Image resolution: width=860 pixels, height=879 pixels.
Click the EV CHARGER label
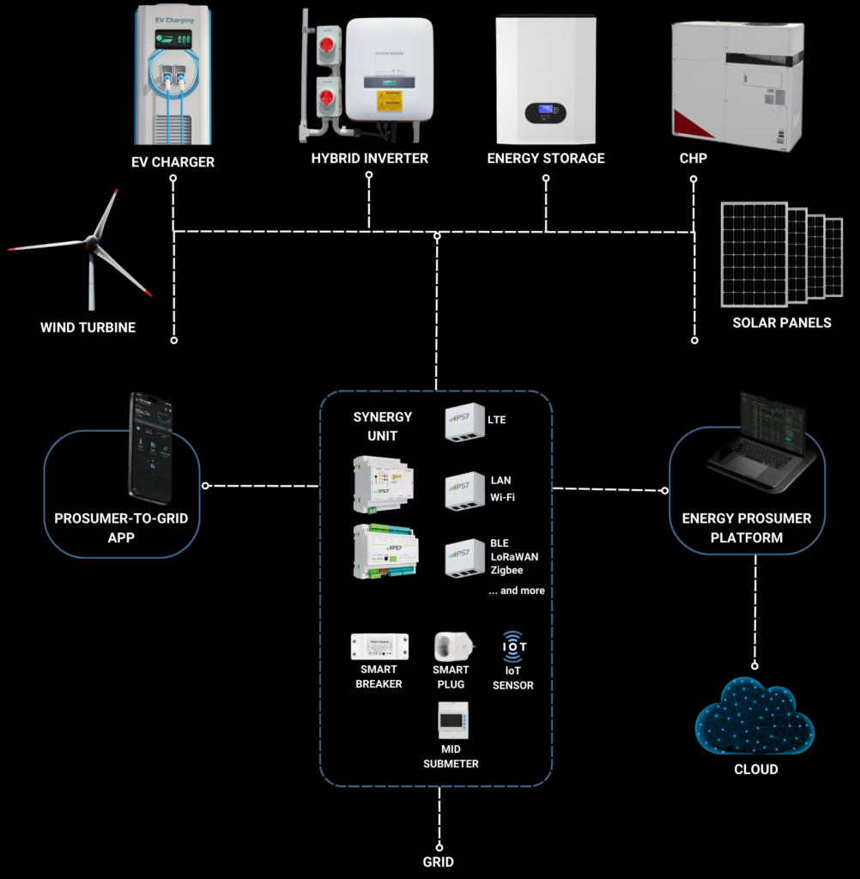pyautogui.click(x=173, y=161)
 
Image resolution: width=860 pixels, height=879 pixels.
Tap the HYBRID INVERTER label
pyautogui.click(x=369, y=158)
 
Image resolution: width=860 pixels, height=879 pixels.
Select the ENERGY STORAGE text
pyautogui.click(x=546, y=158)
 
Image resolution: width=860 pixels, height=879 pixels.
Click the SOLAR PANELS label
pyautogui.click(x=782, y=323)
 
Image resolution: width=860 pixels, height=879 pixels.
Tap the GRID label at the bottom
pyautogui.click(x=439, y=861)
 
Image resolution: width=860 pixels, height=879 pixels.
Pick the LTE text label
pyautogui.click(x=496, y=420)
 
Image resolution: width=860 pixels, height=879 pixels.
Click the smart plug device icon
pyautogui.click(x=451, y=646)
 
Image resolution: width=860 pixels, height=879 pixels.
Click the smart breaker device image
pyautogui.click(x=379, y=646)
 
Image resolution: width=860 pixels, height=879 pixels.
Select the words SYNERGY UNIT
pyautogui.click(x=383, y=426)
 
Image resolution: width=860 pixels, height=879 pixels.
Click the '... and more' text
pyautogui.click(x=517, y=591)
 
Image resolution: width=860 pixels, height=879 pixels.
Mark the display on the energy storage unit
pyautogui.click(x=546, y=112)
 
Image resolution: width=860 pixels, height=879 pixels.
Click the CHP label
pyautogui.click(x=693, y=158)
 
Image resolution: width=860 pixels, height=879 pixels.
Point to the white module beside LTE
pyautogui.click(x=464, y=422)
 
